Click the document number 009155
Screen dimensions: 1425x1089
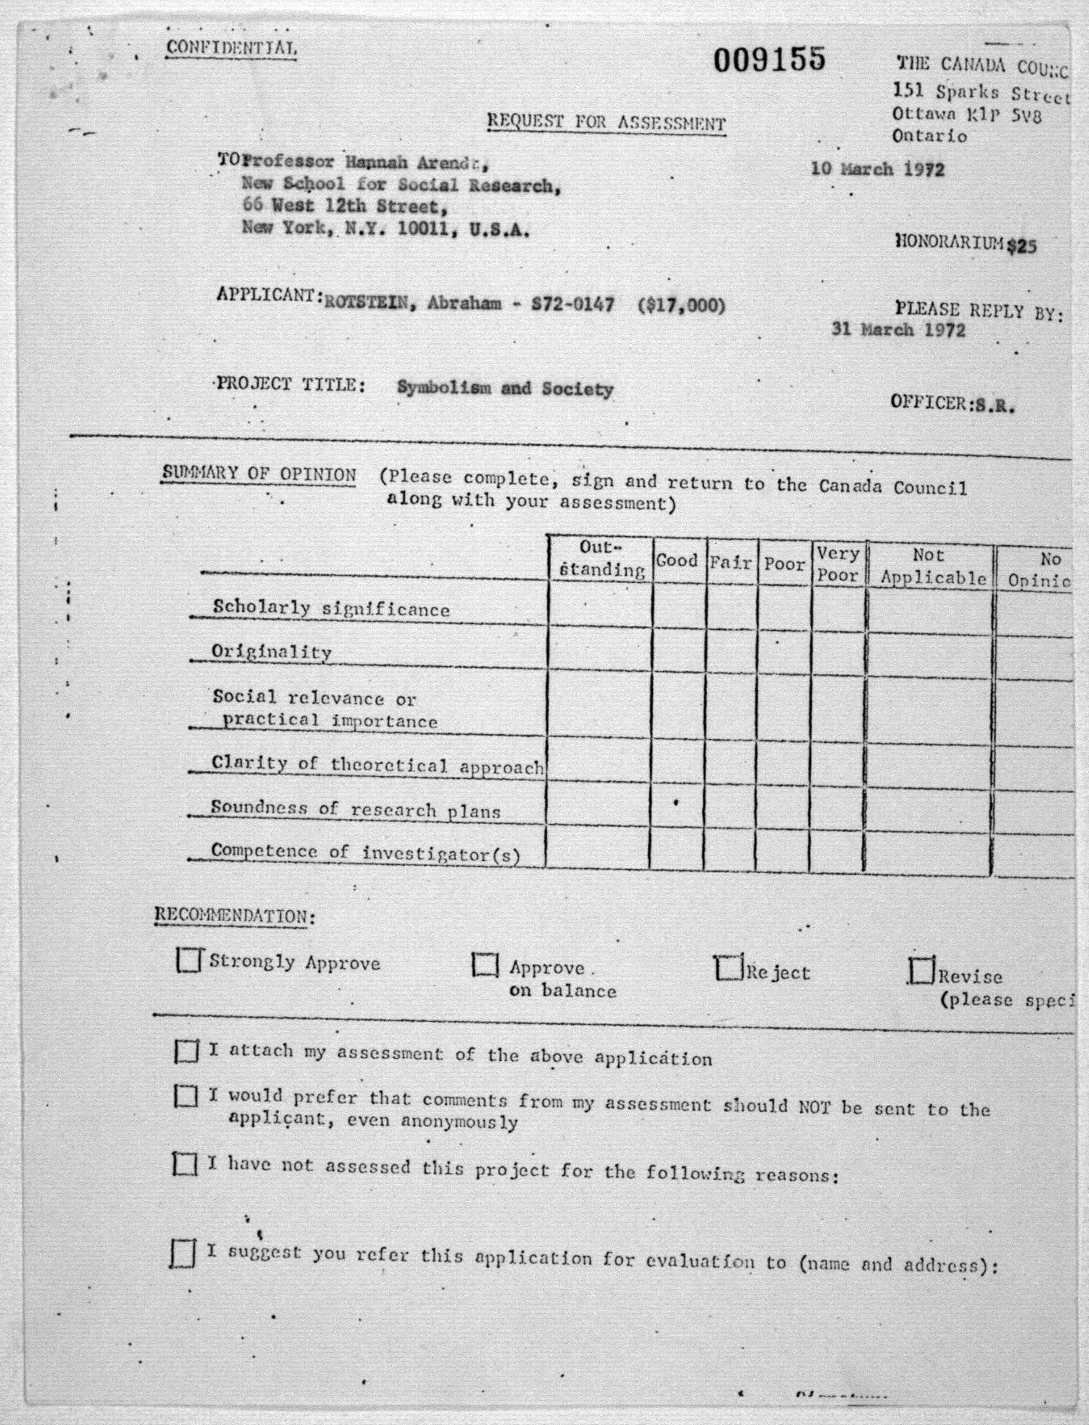coord(769,60)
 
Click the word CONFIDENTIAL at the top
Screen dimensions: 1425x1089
coord(231,48)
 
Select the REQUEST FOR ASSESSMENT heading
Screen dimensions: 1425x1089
coord(606,123)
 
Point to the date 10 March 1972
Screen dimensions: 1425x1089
coord(877,169)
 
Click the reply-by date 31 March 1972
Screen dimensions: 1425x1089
coord(898,330)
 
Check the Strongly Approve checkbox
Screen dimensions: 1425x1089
coord(188,961)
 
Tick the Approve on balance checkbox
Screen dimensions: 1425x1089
coord(485,965)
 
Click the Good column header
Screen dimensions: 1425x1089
coord(677,560)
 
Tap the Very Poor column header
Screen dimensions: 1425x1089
coord(838,564)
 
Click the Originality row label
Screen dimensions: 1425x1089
coord(272,651)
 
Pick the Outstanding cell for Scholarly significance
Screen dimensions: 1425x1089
coord(600,605)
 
